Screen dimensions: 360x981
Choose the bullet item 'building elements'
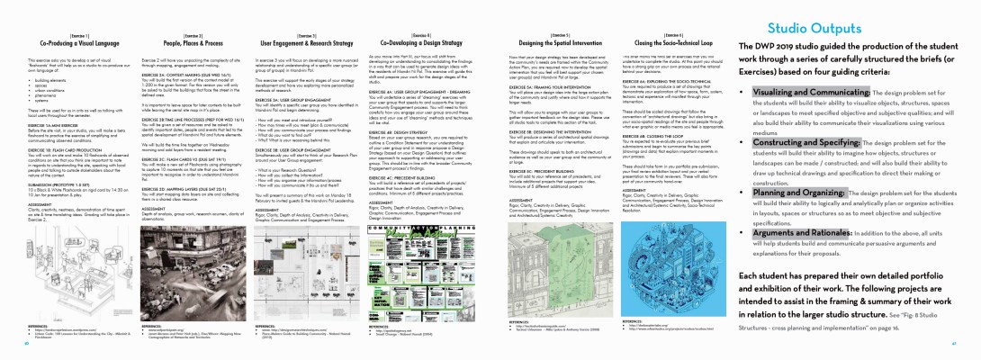pos(54,80)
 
